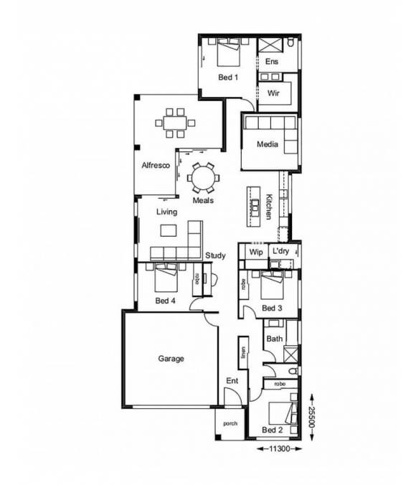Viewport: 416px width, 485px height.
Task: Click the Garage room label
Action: click(171, 359)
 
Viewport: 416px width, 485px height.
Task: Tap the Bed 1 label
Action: click(228, 77)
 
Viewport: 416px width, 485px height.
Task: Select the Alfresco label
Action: click(155, 165)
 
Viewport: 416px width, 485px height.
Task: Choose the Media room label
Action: click(268, 145)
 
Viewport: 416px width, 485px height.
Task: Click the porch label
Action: click(230, 424)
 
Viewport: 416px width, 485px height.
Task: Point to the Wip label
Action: click(255, 253)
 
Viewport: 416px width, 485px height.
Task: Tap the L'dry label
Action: click(280, 252)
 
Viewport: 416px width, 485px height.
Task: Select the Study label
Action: click(215, 255)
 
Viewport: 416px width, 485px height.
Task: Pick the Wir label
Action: click(273, 94)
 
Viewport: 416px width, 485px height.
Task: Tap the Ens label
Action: click(271, 62)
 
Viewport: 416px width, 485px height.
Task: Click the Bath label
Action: click(274, 339)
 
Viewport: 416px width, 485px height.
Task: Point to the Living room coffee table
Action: click(168, 230)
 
